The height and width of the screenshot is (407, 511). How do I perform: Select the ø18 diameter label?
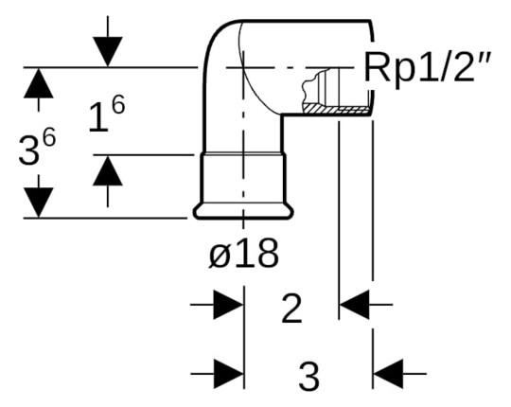244,255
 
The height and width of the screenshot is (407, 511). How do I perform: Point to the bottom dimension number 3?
308,376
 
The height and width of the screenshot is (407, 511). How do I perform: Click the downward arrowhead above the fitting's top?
109,52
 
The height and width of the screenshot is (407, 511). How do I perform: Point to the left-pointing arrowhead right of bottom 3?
388,373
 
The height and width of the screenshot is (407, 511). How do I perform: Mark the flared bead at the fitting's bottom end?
243,211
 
